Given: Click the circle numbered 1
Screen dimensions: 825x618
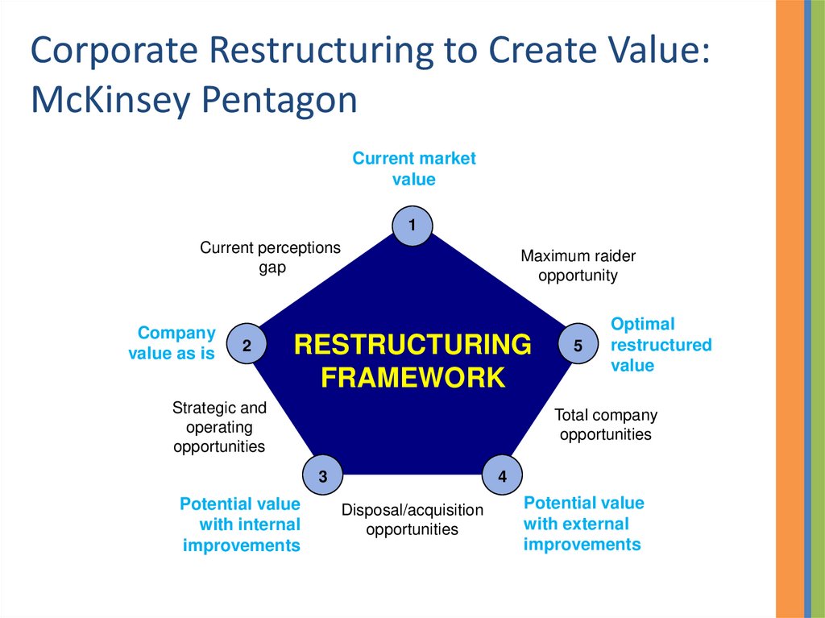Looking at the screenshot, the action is [x=412, y=226].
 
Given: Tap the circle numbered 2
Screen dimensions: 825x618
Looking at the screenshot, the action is [x=247, y=346].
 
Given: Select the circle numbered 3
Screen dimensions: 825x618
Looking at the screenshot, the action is [x=322, y=476].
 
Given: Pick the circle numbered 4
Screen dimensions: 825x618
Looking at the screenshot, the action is [x=502, y=476].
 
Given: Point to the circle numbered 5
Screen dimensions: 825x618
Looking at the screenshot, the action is [x=578, y=345].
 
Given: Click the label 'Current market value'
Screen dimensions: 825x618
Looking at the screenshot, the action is [x=414, y=168].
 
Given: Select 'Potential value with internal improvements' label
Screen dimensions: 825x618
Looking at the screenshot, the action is [x=241, y=525].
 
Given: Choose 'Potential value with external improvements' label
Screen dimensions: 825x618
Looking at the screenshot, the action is [x=583, y=524].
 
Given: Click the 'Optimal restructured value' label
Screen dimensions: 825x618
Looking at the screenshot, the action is [x=661, y=345].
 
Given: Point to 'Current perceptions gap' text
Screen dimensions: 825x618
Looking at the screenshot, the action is [x=271, y=257].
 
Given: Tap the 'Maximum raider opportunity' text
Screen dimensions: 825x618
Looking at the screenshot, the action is [x=578, y=266].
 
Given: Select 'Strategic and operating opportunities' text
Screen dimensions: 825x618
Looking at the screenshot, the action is [x=219, y=427].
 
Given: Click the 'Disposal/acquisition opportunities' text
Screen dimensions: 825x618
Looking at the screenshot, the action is [x=412, y=520].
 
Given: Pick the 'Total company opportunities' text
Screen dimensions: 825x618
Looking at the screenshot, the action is [x=606, y=425].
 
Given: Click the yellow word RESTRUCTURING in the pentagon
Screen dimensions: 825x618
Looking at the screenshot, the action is [x=412, y=345].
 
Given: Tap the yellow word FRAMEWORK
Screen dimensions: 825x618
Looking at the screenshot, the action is [x=412, y=377].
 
